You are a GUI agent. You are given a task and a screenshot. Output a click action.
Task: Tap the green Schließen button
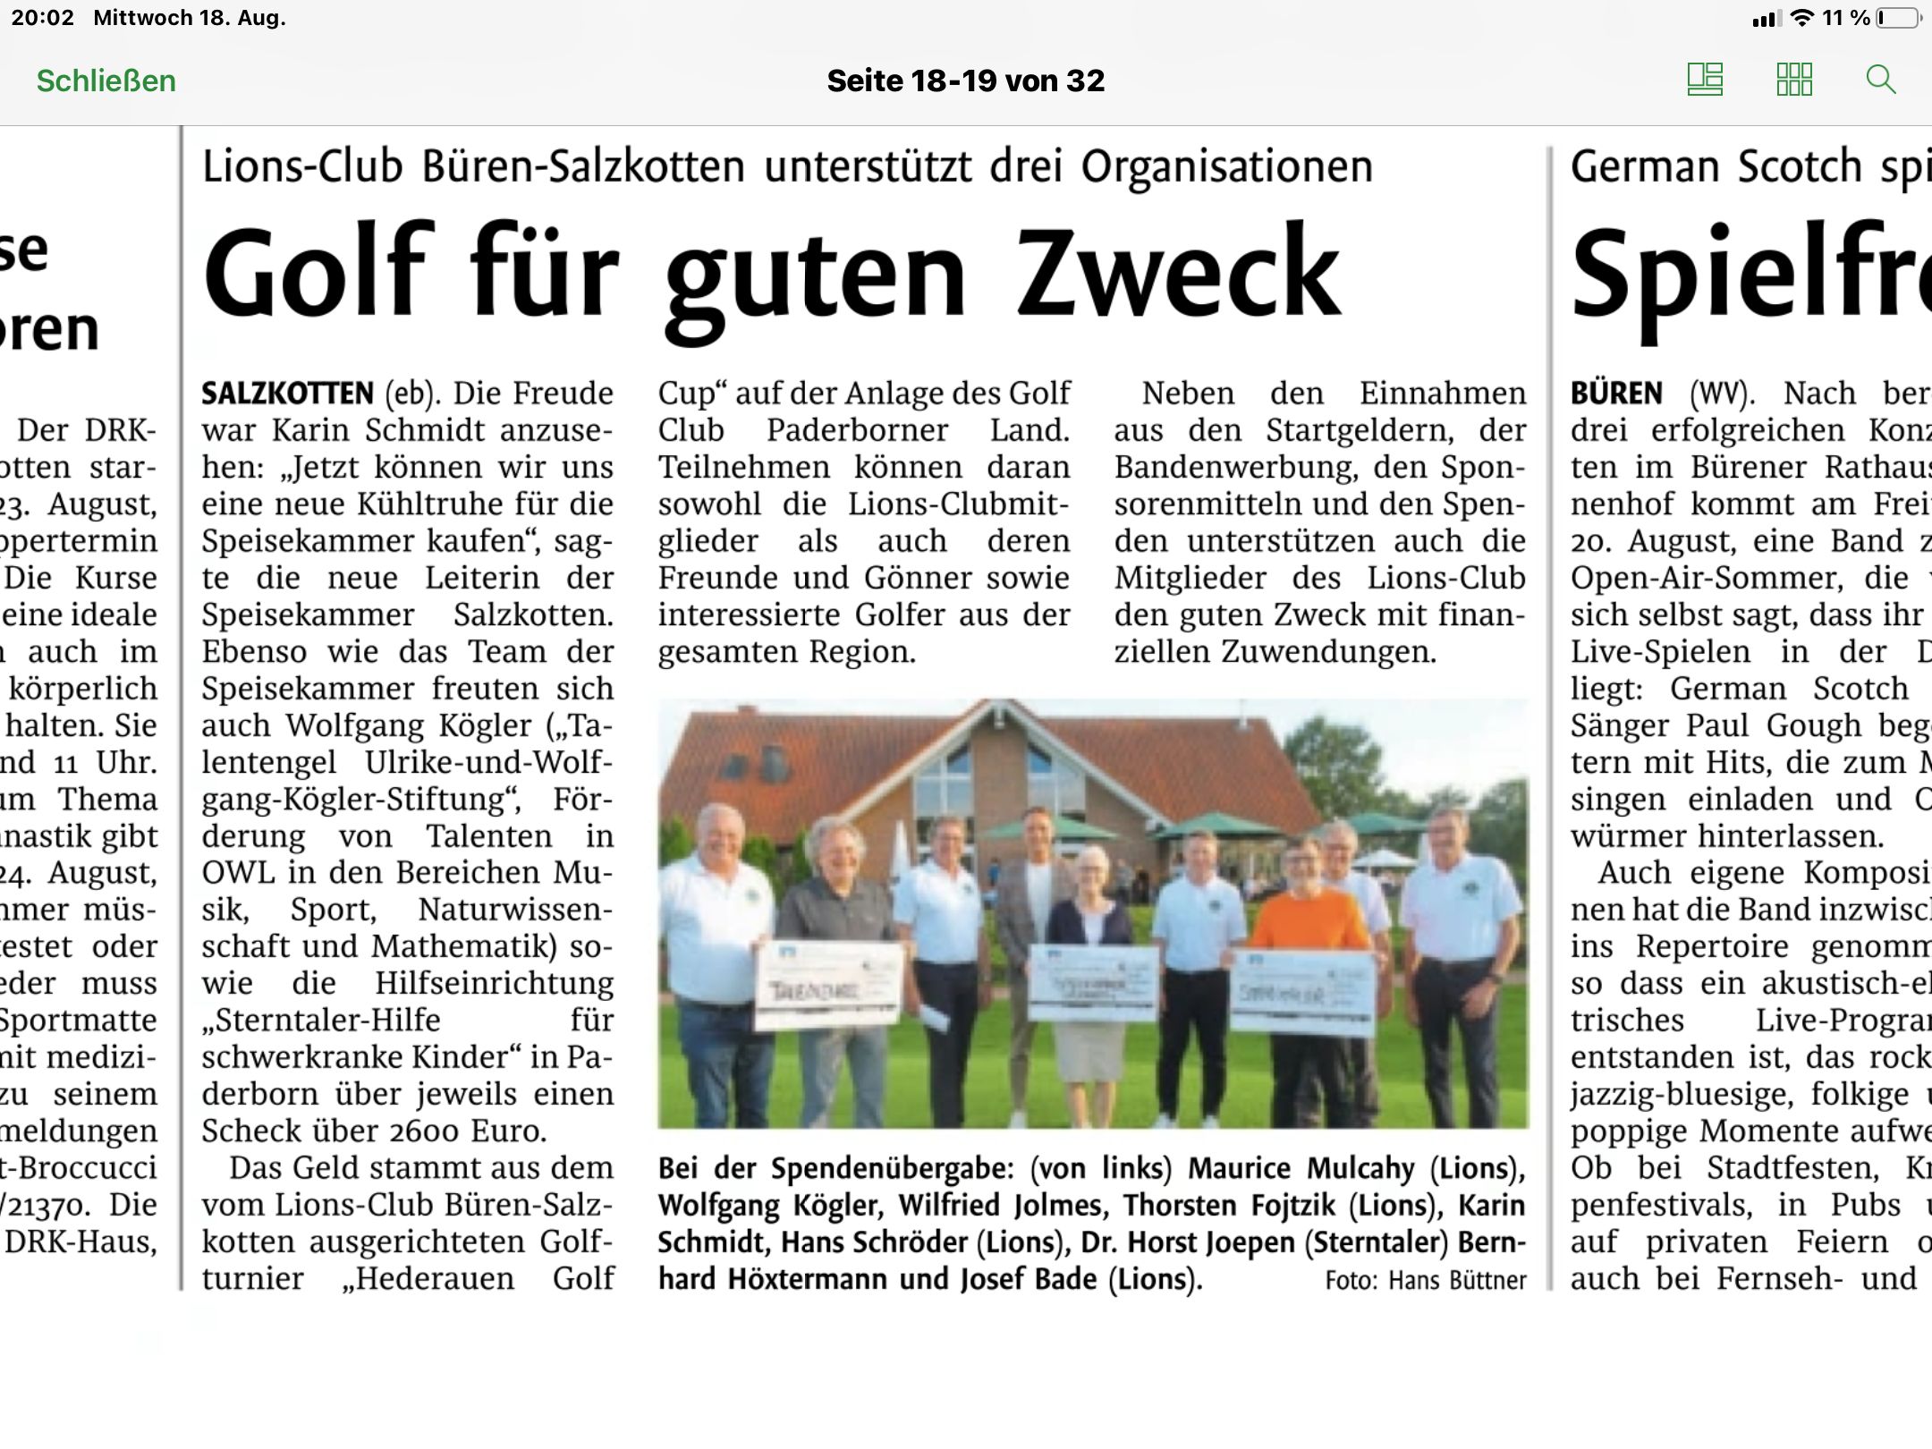[x=106, y=80]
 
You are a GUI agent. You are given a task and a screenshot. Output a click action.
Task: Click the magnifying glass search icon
[x=1881, y=80]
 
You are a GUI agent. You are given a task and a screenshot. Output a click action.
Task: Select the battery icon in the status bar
[x=1898, y=18]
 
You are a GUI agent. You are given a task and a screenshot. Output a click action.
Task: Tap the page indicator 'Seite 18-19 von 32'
[x=965, y=80]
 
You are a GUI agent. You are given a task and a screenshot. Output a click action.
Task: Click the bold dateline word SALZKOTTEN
[x=287, y=394]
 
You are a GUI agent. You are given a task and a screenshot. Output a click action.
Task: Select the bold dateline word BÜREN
[x=1616, y=394]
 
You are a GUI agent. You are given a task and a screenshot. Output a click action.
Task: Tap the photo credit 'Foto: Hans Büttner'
[x=1426, y=1280]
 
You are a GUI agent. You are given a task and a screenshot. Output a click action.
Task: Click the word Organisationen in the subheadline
[x=1226, y=166]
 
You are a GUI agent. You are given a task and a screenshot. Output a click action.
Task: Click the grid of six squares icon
[x=1793, y=80]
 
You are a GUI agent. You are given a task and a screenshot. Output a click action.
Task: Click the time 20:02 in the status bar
[x=43, y=18]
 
